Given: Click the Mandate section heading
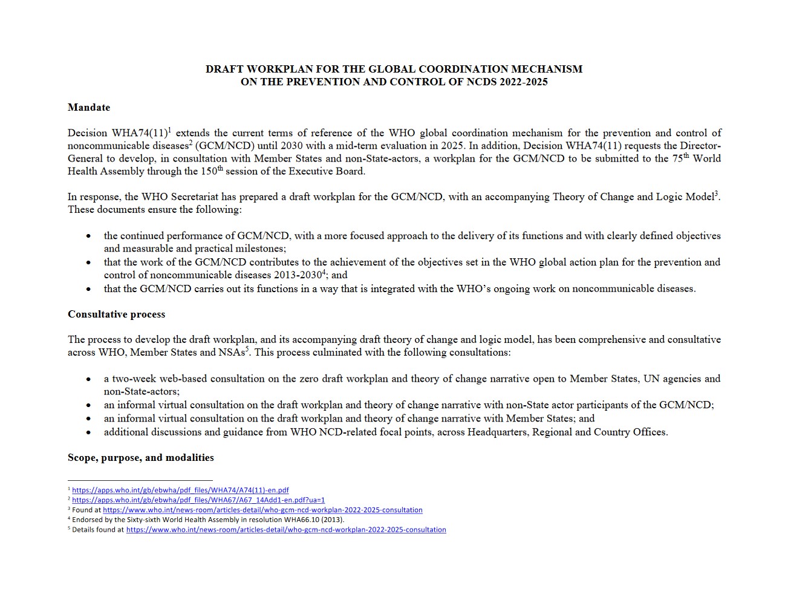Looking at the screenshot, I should click(x=89, y=108).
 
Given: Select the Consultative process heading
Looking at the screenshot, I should click(x=116, y=315).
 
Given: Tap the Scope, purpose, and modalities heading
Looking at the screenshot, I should click(x=140, y=458).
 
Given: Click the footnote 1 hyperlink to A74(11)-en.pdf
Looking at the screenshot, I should click(x=180, y=491).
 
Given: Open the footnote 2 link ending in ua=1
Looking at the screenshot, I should click(x=198, y=500).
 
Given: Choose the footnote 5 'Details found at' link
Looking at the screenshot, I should click(x=286, y=530).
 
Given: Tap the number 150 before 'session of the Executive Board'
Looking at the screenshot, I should click(x=208, y=171).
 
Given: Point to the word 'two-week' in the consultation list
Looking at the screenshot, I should click(x=132, y=379).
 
